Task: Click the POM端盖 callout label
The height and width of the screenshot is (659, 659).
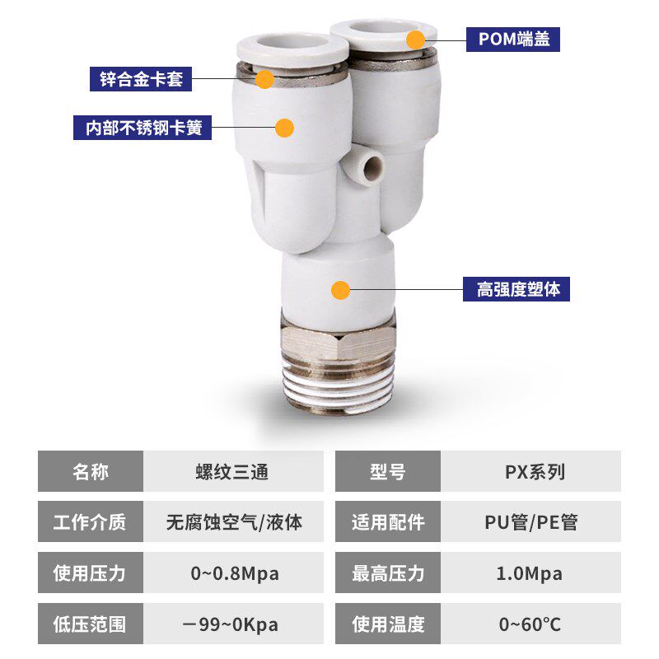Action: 513,39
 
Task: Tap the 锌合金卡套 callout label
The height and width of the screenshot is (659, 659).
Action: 141,79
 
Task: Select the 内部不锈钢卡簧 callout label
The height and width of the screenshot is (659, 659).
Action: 142,128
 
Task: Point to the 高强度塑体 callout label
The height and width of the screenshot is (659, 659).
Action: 516,290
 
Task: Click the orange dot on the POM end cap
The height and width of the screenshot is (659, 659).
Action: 416,39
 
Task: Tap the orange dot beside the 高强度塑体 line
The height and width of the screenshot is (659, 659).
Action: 340,290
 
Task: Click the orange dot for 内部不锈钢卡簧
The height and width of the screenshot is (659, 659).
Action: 284,128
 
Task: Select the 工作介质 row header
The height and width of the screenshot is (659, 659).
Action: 90,522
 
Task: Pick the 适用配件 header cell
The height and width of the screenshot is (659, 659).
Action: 388,522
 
